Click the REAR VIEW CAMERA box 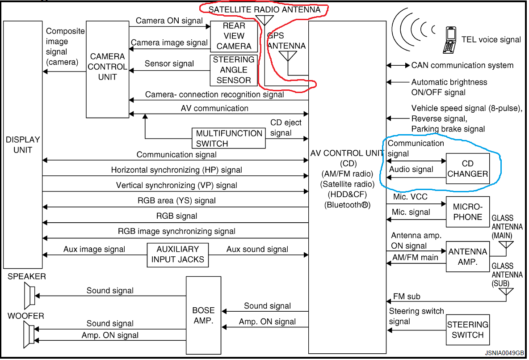(x=234, y=36)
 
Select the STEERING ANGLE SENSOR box (x=233, y=70)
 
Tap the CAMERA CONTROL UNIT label (x=107, y=67)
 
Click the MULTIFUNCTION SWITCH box (x=229, y=139)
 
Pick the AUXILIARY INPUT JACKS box (x=178, y=255)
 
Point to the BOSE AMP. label (x=204, y=315)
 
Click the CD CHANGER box (x=467, y=169)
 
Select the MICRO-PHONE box (x=467, y=212)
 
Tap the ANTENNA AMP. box (x=467, y=257)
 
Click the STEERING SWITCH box (x=467, y=330)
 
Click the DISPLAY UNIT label (x=23, y=144)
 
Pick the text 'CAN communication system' (x=462, y=65)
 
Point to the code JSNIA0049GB (x=504, y=353)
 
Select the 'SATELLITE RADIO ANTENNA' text (x=264, y=9)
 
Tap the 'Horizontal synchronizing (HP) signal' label (x=176, y=170)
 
